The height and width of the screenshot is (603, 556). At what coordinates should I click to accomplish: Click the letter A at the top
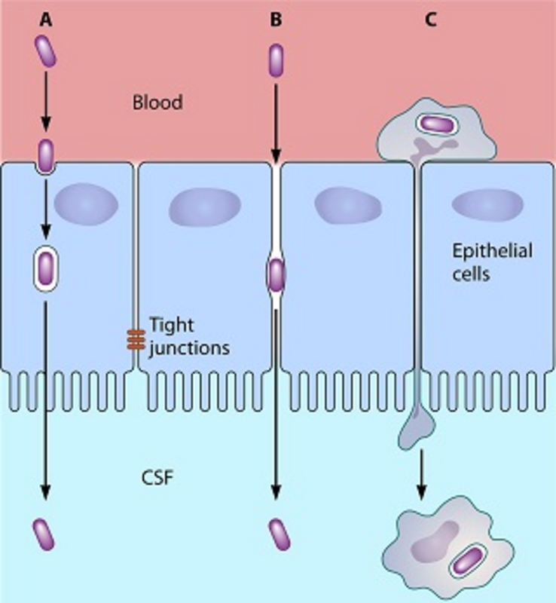point(46,20)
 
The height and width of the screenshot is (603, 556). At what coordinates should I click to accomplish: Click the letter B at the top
point(276,20)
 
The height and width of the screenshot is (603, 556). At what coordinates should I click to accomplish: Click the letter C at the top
point(430,20)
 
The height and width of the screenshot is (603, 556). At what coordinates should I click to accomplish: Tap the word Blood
point(157,103)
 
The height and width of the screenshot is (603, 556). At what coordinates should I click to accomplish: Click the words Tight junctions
point(187,337)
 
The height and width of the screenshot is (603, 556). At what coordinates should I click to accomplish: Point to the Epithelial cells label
point(482,261)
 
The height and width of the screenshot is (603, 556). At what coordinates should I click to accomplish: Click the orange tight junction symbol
point(136,340)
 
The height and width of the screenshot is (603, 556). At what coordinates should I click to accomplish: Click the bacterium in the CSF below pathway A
point(44,533)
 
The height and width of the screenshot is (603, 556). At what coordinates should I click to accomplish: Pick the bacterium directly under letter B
point(276,60)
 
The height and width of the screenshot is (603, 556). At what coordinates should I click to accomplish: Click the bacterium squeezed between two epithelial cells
point(276,274)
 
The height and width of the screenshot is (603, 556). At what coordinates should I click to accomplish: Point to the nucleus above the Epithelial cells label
point(487,204)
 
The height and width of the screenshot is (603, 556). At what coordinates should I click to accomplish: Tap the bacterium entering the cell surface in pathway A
point(46,155)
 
